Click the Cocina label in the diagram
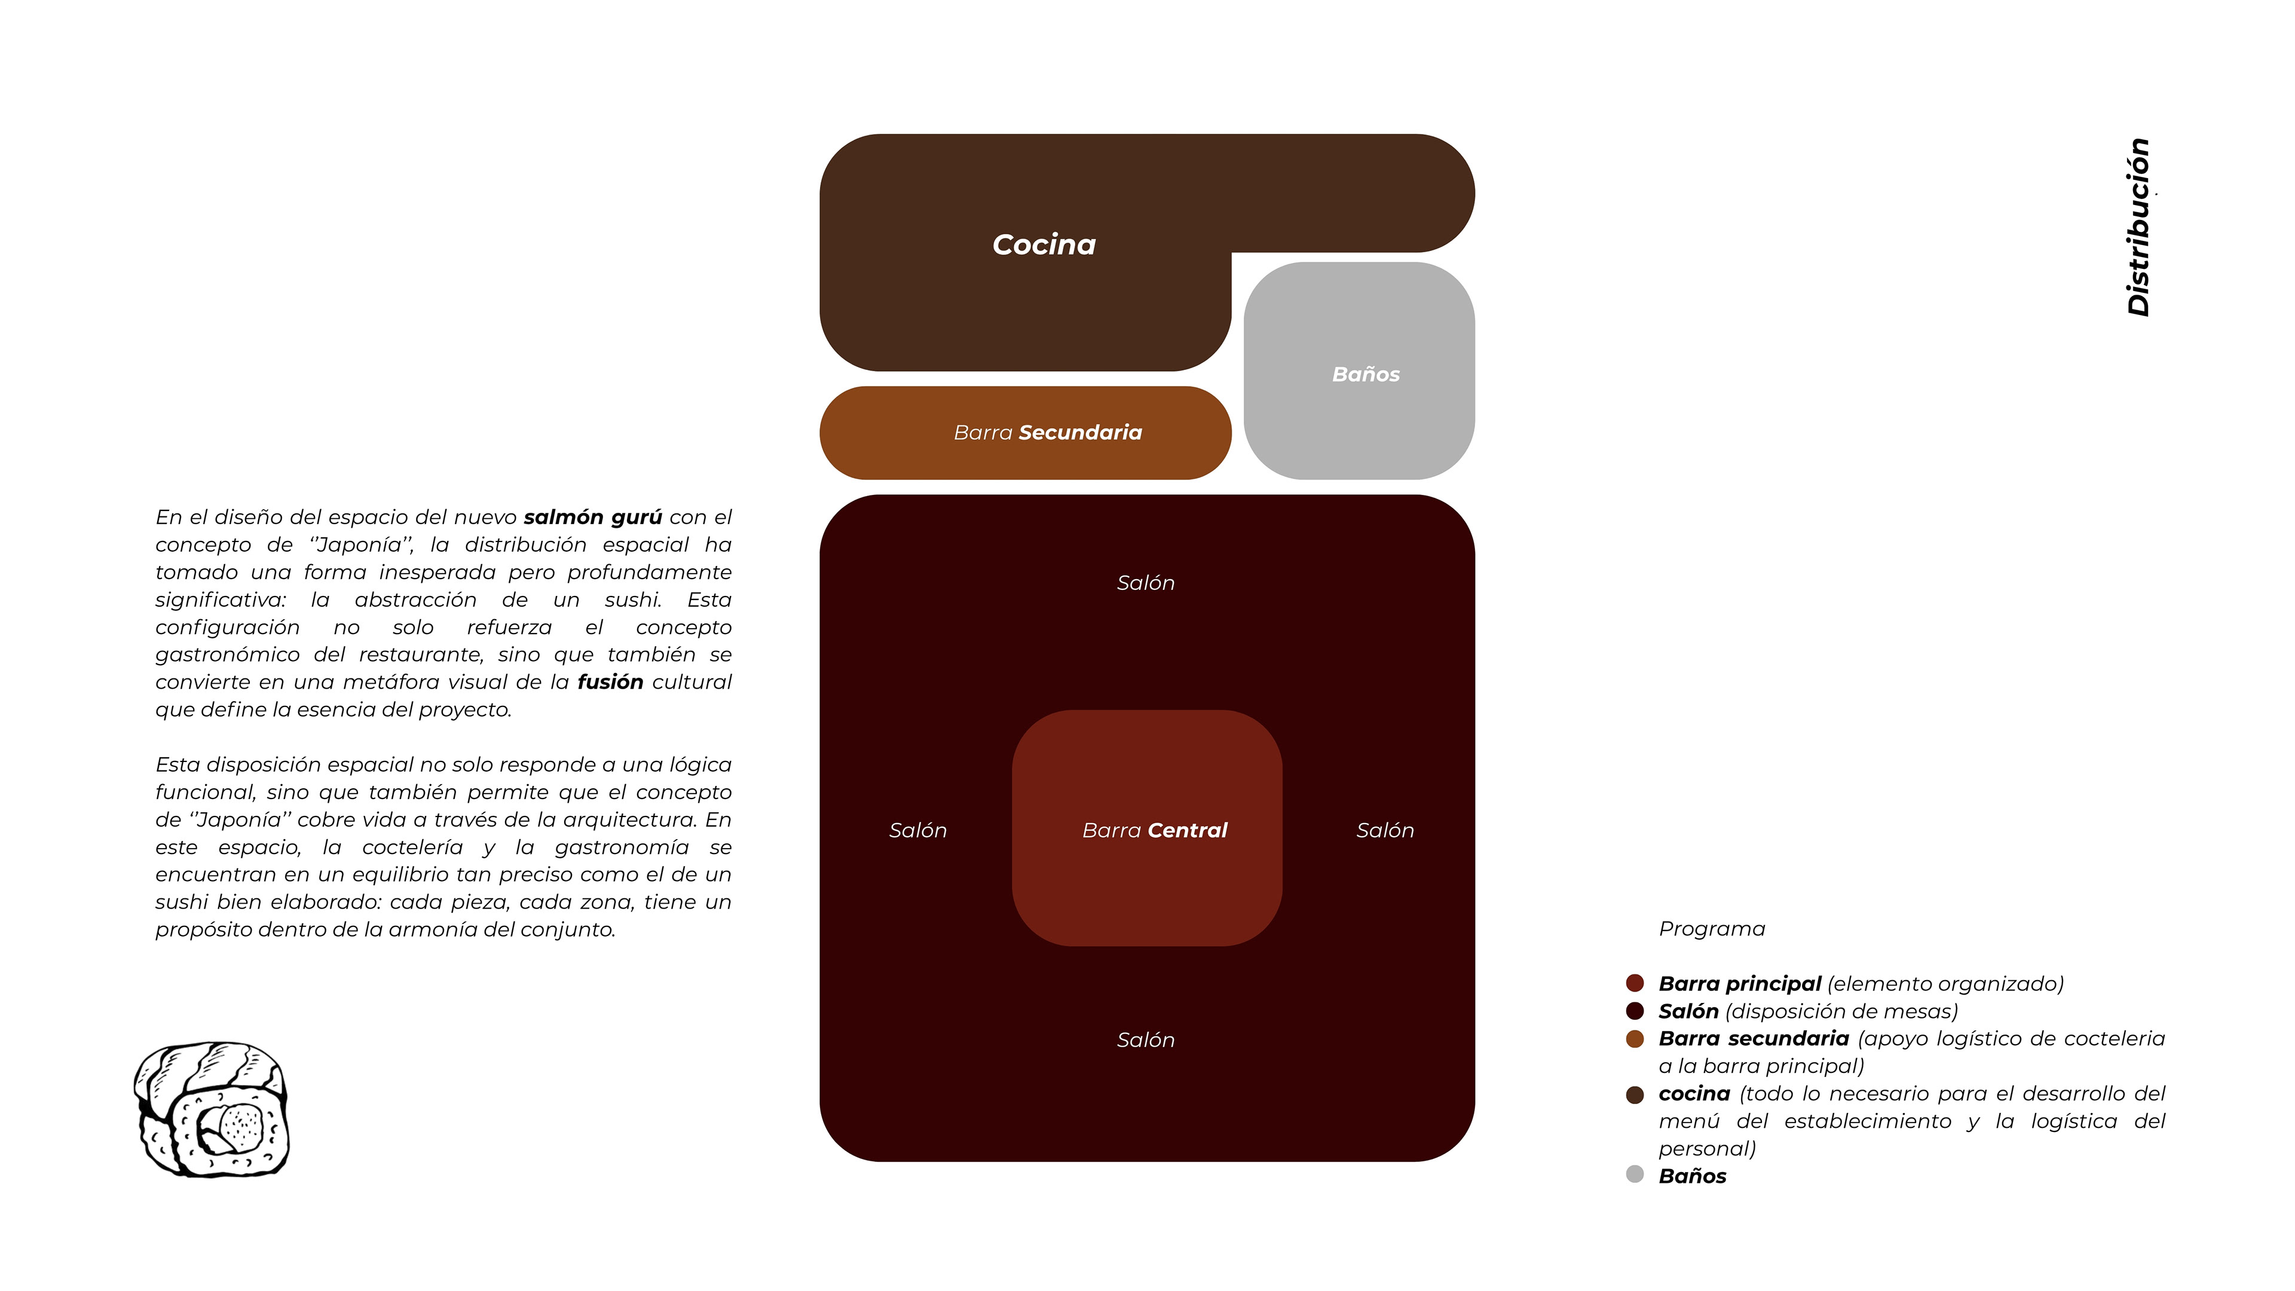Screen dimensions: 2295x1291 click(x=1044, y=244)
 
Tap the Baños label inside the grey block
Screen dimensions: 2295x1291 click(x=1366, y=374)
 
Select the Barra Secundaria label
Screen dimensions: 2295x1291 click(x=1048, y=432)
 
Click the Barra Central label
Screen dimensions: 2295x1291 click(x=1155, y=830)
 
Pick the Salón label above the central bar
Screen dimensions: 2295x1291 click(x=1146, y=583)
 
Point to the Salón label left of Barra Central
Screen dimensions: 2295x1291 click(x=917, y=830)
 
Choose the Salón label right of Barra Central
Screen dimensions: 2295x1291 click(x=1385, y=830)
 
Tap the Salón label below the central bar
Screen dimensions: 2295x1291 click(x=1146, y=1040)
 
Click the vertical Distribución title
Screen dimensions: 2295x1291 click(x=2139, y=227)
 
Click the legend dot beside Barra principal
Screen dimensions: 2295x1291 click(x=1635, y=984)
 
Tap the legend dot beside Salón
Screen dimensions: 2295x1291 click(x=1635, y=1011)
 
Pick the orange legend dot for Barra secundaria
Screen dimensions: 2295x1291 click(x=1635, y=1039)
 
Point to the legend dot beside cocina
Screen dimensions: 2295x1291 click(x=1635, y=1094)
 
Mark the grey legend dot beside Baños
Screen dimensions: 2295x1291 click(x=1635, y=1174)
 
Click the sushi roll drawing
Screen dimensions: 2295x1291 click(x=211, y=1109)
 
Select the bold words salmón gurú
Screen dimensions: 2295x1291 click(x=592, y=517)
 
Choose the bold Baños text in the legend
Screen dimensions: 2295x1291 click(x=1692, y=1176)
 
